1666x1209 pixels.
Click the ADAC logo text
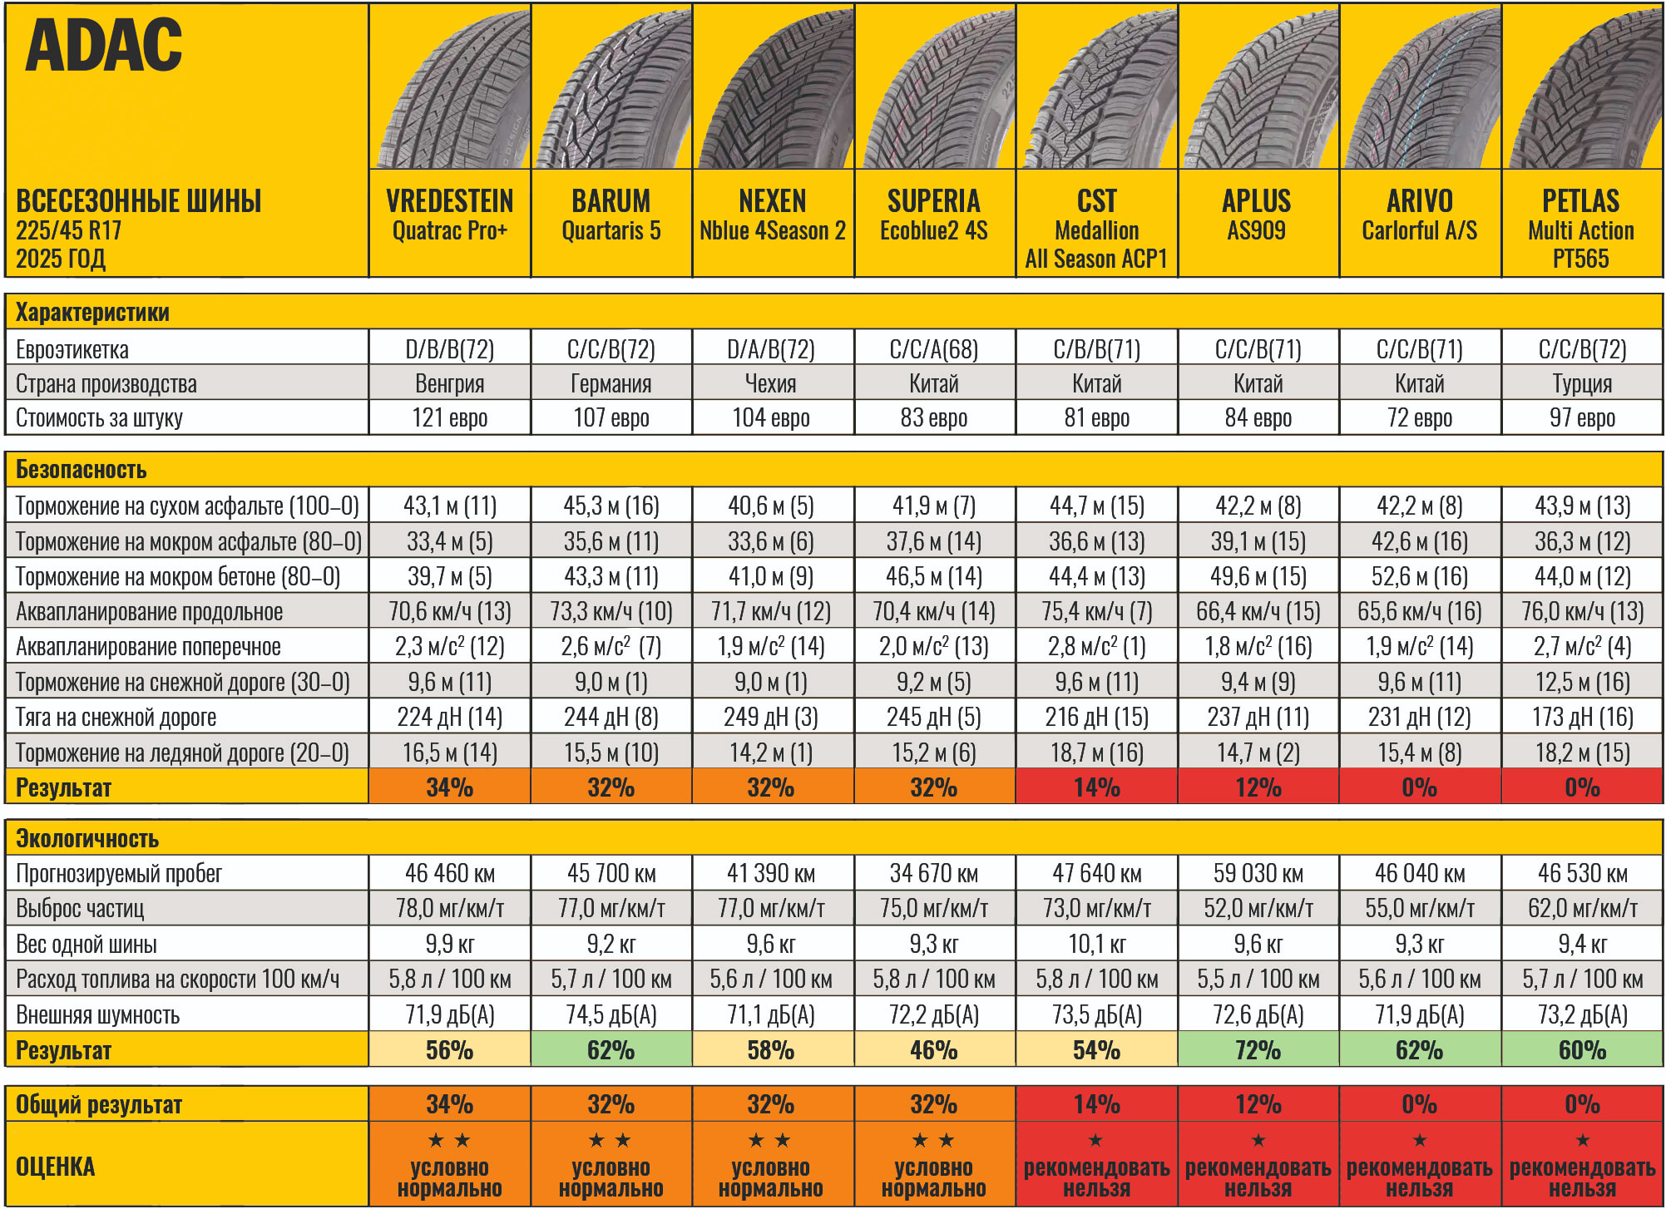point(103,46)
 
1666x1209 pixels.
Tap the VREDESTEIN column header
point(449,215)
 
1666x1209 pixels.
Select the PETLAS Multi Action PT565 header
point(1580,229)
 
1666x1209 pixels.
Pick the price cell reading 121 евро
point(449,417)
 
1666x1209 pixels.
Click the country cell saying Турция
point(1581,383)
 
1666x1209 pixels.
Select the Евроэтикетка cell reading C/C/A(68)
point(933,348)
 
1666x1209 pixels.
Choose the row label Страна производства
point(106,383)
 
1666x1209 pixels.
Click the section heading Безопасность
point(81,470)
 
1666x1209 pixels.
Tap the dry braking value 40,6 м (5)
point(771,506)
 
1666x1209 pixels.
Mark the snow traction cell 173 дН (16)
point(1581,717)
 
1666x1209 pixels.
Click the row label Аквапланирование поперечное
point(148,646)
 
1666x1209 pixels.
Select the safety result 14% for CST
point(1095,787)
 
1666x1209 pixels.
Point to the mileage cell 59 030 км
point(1258,873)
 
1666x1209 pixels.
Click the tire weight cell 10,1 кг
point(1095,944)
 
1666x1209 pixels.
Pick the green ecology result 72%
point(1258,1050)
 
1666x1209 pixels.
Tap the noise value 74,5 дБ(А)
point(611,1014)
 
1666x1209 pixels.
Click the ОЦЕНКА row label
point(55,1167)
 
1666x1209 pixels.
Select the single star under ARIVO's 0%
point(1419,1141)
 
